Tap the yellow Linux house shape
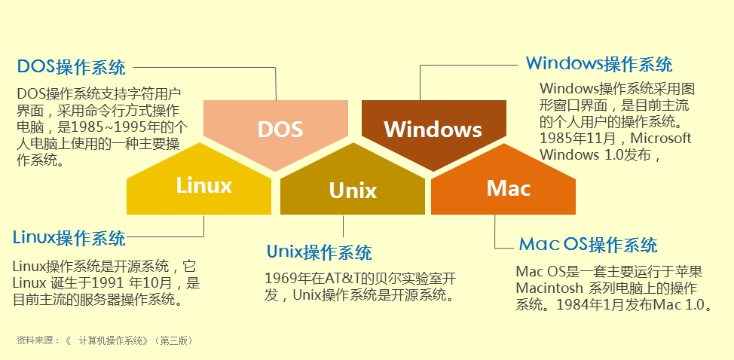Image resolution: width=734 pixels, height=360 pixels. tap(203, 185)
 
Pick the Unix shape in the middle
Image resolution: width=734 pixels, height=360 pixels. tap(353, 190)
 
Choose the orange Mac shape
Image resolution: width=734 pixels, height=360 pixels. tap(508, 188)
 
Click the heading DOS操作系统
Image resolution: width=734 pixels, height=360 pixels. tap(72, 67)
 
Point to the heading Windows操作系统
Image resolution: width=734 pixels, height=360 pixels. tap(599, 63)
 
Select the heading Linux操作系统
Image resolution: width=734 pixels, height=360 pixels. tap(69, 239)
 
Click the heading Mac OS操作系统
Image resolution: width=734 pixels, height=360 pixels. tap(588, 245)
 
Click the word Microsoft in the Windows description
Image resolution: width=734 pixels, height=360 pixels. tap(661, 139)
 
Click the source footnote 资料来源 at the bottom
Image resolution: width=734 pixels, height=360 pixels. tap(37, 340)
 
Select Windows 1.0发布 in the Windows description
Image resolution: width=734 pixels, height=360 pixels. tap(600, 155)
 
